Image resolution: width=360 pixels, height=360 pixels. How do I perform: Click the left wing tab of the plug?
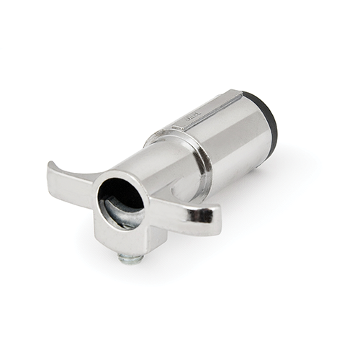tap(72, 184)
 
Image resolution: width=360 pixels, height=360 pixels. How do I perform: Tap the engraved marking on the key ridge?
tap(193, 113)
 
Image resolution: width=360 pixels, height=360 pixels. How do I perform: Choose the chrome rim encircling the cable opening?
tap(101, 209)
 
